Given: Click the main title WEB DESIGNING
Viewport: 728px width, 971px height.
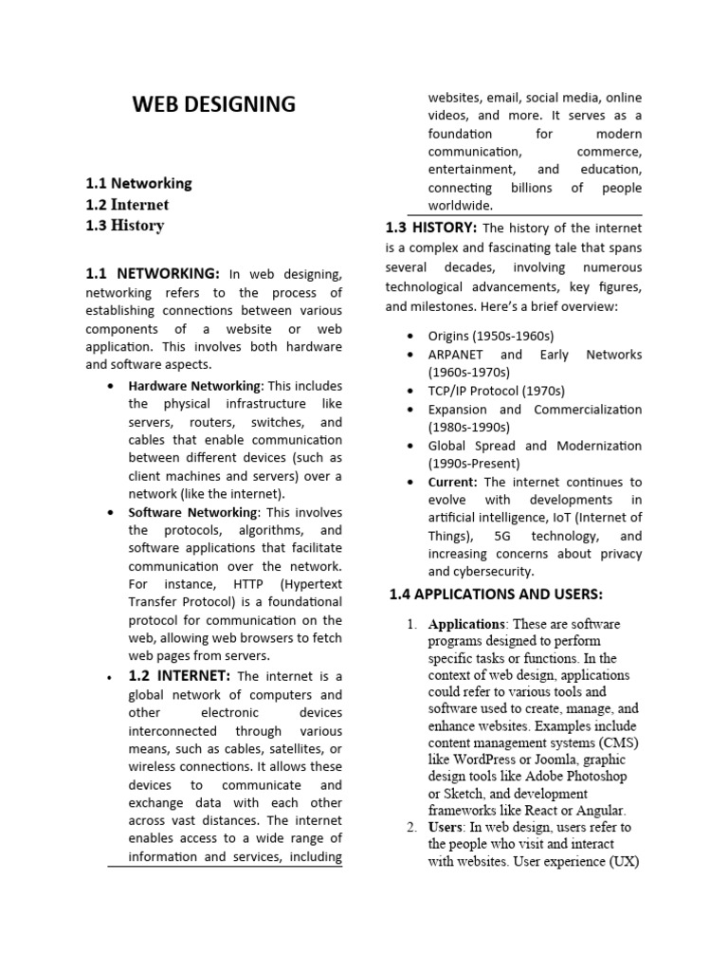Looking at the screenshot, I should pyautogui.click(x=213, y=104).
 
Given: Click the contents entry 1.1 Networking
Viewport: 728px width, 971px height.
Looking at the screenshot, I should pyautogui.click(x=138, y=183).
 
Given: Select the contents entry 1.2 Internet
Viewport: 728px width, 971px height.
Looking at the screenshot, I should pyautogui.click(x=127, y=204).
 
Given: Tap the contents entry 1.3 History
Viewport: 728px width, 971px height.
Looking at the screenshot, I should pyautogui.click(x=124, y=225).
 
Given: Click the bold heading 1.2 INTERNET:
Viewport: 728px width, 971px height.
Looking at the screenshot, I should pyautogui.click(x=179, y=676).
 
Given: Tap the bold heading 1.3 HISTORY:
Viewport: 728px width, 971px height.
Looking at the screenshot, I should pyautogui.click(x=431, y=228).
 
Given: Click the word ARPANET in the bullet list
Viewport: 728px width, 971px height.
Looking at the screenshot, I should pyautogui.click(x=460, y=355).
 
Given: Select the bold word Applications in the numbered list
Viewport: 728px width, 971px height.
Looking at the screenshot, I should pyautogui.click(x=466, y=625).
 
